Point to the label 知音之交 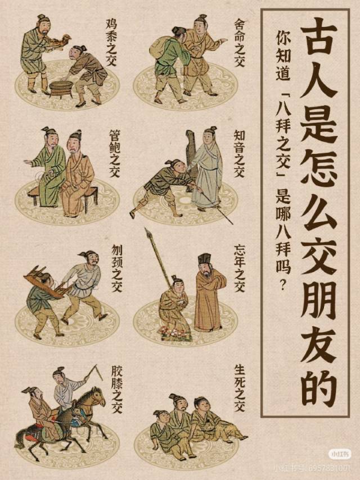pyautogui.click(x=239, y=153)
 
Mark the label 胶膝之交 pyautogui.click(x=117, y=390)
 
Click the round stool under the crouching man pyautogui.click(x=61, y=88)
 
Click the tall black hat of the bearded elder pyautogui.click(x=204, y=260)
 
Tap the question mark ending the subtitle pyautogui.click(x=282, y=286)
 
